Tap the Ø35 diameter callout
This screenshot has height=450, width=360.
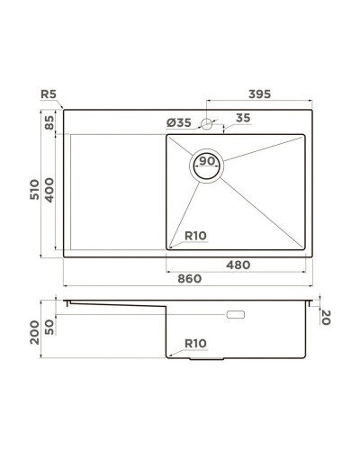pyautogui.click(x=179, y=122)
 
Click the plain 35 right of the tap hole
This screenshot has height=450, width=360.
pyautogui.click(x=243, y=118)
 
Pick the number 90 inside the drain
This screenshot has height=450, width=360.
pyautogui.click(x=207, y=162)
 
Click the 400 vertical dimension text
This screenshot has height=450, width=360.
pyautogui.click(x=49, y=189)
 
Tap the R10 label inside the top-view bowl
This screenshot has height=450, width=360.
pyautogui.click(x=195, y=237)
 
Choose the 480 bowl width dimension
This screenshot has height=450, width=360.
pyautogui.click(x=236, y=265)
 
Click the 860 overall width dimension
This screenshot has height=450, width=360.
pyautogui.click(x=187, y=279)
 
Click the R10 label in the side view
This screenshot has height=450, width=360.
pyautogui.click(x=196, y=343)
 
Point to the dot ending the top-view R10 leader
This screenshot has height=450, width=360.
pyautogui.click(x=170, y=243)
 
